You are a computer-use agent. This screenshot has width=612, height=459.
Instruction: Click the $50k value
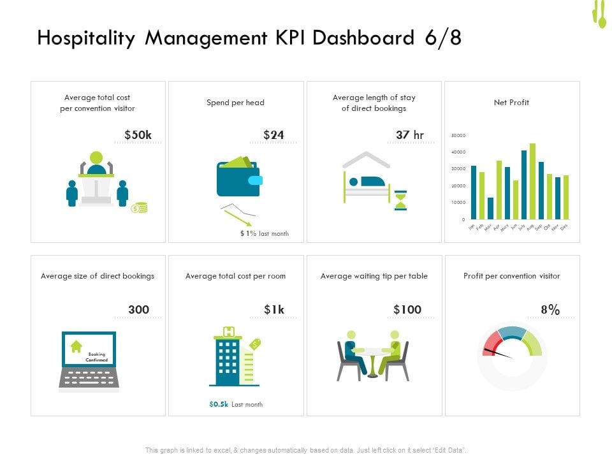point(138,135)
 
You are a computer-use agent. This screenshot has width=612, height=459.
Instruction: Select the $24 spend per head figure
point(273,135)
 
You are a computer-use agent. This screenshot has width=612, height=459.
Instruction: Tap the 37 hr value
point(409,135)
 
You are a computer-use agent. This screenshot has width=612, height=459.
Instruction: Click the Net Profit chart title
point(511,102)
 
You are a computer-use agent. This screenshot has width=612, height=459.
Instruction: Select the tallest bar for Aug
point(532,182)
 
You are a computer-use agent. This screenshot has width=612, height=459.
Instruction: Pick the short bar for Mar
point(490,208)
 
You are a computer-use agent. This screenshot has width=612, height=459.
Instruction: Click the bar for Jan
point(473,193)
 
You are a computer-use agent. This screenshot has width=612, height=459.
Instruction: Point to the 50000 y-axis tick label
point(458,136)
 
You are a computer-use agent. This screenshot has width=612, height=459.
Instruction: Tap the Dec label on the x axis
point(564,226)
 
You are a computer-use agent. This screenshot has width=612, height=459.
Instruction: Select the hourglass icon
point(400,200)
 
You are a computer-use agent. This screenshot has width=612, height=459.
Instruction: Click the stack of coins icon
point(139,208)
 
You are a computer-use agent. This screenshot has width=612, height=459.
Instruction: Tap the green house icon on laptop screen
point(76,346)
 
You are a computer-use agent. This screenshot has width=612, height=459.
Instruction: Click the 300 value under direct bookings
point(138,310)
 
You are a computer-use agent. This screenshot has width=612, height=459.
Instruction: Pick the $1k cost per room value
point(274,310)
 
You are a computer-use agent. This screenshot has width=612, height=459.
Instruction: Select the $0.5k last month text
point(235,404)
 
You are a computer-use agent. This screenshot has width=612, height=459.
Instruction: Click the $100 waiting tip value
point(407,310)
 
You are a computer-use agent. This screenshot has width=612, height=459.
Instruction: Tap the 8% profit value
point(550,310)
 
